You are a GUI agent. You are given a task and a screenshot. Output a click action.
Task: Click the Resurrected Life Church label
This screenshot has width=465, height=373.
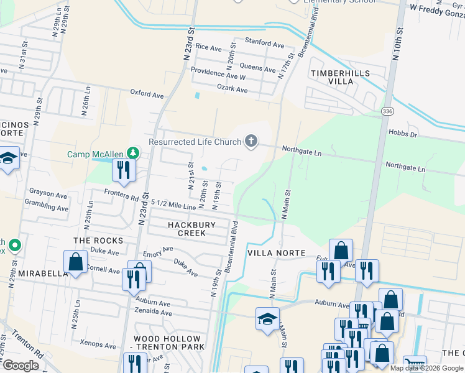[x=195, y=142]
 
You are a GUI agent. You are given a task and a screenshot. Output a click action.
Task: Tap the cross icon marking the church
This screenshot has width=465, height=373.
[x=251, y=142]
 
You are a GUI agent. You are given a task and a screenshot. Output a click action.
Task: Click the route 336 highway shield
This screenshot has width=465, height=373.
[x=387, y=111]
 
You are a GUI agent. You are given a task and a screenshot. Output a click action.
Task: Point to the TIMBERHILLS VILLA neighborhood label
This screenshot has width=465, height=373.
[x=340, y=77]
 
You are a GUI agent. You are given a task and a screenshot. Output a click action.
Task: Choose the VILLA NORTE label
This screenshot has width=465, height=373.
[x=277, y=253]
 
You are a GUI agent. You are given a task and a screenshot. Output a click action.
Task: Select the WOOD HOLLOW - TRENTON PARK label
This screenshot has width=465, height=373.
[x=169, y=342]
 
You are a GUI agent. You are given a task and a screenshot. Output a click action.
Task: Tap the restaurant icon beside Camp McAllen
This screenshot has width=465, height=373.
[x=123, y=170]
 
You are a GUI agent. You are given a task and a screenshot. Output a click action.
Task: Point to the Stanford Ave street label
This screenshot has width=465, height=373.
[x=264, y=43]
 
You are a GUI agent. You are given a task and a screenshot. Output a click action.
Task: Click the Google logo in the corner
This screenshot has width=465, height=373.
[x=21, y=366]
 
